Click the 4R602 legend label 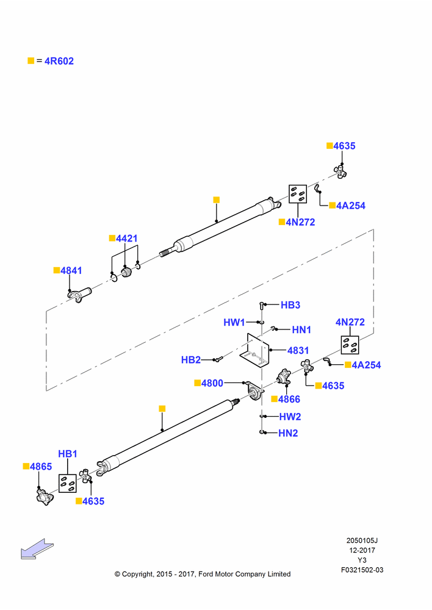(59, 61)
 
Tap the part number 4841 (71, 270)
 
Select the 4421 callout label (127, 238)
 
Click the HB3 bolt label (290, 305)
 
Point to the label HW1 (234, 322)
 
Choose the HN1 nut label (301, 330)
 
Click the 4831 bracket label (298, 351)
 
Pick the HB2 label (191, 360)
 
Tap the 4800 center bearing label (212, 383)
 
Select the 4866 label (289, 399)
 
